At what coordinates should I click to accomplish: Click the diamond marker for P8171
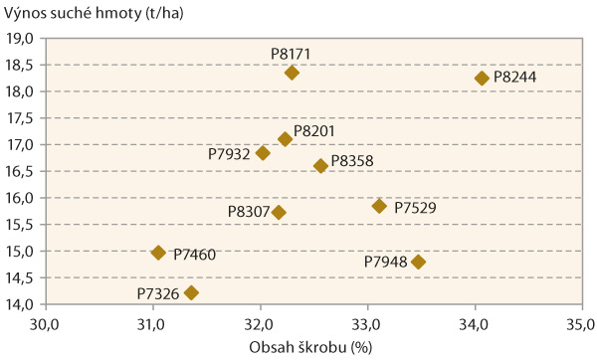292,73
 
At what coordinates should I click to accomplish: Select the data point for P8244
482,78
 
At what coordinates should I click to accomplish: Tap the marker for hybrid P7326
191,292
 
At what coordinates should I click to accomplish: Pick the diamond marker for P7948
418,262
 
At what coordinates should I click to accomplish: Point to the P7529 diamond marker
379,206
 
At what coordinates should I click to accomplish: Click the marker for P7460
158,253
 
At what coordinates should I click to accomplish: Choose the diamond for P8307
279,212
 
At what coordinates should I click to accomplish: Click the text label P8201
314,130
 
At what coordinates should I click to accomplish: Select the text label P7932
229,154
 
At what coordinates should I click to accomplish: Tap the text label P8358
352,160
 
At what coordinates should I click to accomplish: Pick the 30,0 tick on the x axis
45,323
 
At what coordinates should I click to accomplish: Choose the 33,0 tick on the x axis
367,323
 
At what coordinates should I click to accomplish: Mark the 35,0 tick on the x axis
581,323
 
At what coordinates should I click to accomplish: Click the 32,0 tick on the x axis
260,323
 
